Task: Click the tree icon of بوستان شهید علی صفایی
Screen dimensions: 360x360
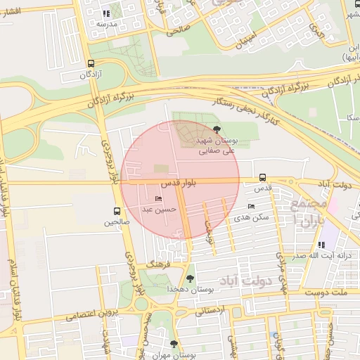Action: [x=216, y=129]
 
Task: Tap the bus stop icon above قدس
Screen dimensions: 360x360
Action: [x=262, y=176]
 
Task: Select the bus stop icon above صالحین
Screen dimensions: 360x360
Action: [x=117, y=210]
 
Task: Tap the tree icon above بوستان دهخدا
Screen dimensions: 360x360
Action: [x=190, y=278]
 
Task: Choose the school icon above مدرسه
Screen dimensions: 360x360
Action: [x=105, y=13]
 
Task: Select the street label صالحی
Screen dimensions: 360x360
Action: [x=178, y=30]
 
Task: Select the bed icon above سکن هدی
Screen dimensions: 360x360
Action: [x=252, y=206]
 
